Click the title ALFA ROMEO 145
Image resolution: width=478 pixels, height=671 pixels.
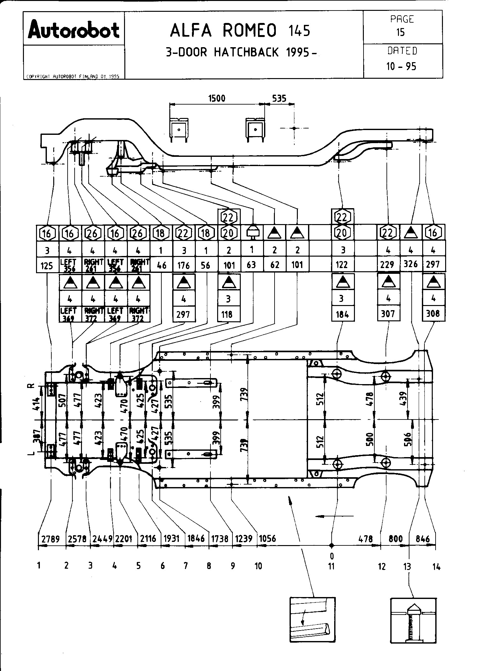240,31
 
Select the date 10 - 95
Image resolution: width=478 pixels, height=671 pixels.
401,66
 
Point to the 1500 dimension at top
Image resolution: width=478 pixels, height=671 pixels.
217,98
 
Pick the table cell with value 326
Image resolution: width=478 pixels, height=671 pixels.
411,264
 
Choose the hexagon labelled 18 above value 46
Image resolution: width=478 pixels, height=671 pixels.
160,233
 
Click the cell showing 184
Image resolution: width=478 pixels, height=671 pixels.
342,314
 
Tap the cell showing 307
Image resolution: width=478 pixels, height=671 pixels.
388,314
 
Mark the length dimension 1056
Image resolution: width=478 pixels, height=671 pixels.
267,539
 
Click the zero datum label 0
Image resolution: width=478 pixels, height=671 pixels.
332,556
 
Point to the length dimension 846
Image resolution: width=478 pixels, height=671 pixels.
423,539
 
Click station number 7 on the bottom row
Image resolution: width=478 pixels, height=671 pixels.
186,566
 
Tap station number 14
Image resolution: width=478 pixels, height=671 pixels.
436,567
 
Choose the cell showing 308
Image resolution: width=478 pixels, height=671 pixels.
433,314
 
